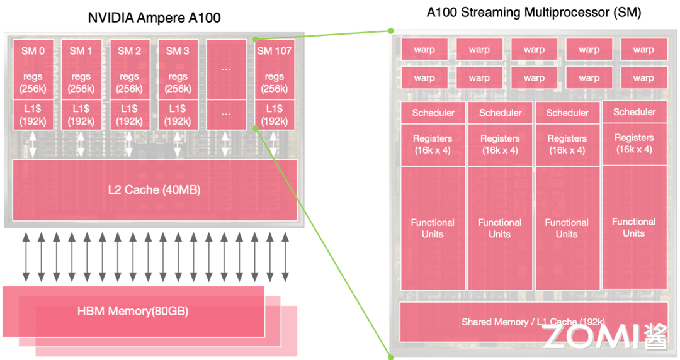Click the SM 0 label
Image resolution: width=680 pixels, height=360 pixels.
[x=33, y=51]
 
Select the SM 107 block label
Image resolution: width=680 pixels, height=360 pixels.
[x=275, y=51]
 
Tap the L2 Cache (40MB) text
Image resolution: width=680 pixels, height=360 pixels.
[x=154, y=189]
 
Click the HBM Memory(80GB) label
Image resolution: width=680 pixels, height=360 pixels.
[x=133, y=311]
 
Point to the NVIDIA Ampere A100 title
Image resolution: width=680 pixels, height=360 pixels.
[x=154, y=18]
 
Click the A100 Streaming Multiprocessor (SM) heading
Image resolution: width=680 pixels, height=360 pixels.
[x=534, y=13]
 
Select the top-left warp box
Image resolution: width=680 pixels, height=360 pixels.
[x=424, y=50]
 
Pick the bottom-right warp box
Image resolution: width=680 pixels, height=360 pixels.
[x=643, y=78]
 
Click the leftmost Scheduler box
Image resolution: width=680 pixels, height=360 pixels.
[x=433, y=113]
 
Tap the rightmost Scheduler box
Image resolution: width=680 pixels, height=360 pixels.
[x=634, y=112]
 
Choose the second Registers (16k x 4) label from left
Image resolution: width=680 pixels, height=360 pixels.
[x=500, y=144]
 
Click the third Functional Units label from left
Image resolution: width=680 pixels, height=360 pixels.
[x=567, y=228]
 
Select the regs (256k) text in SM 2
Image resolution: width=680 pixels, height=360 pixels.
[x=130, y=82]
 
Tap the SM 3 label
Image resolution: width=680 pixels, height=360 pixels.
[x=178, y=51]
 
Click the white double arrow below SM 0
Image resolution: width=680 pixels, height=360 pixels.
[x=33, y=143]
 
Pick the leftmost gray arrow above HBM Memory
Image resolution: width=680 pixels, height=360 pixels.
[x=26, y=256]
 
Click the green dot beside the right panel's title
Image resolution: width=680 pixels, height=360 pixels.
[x=390, y=30]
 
